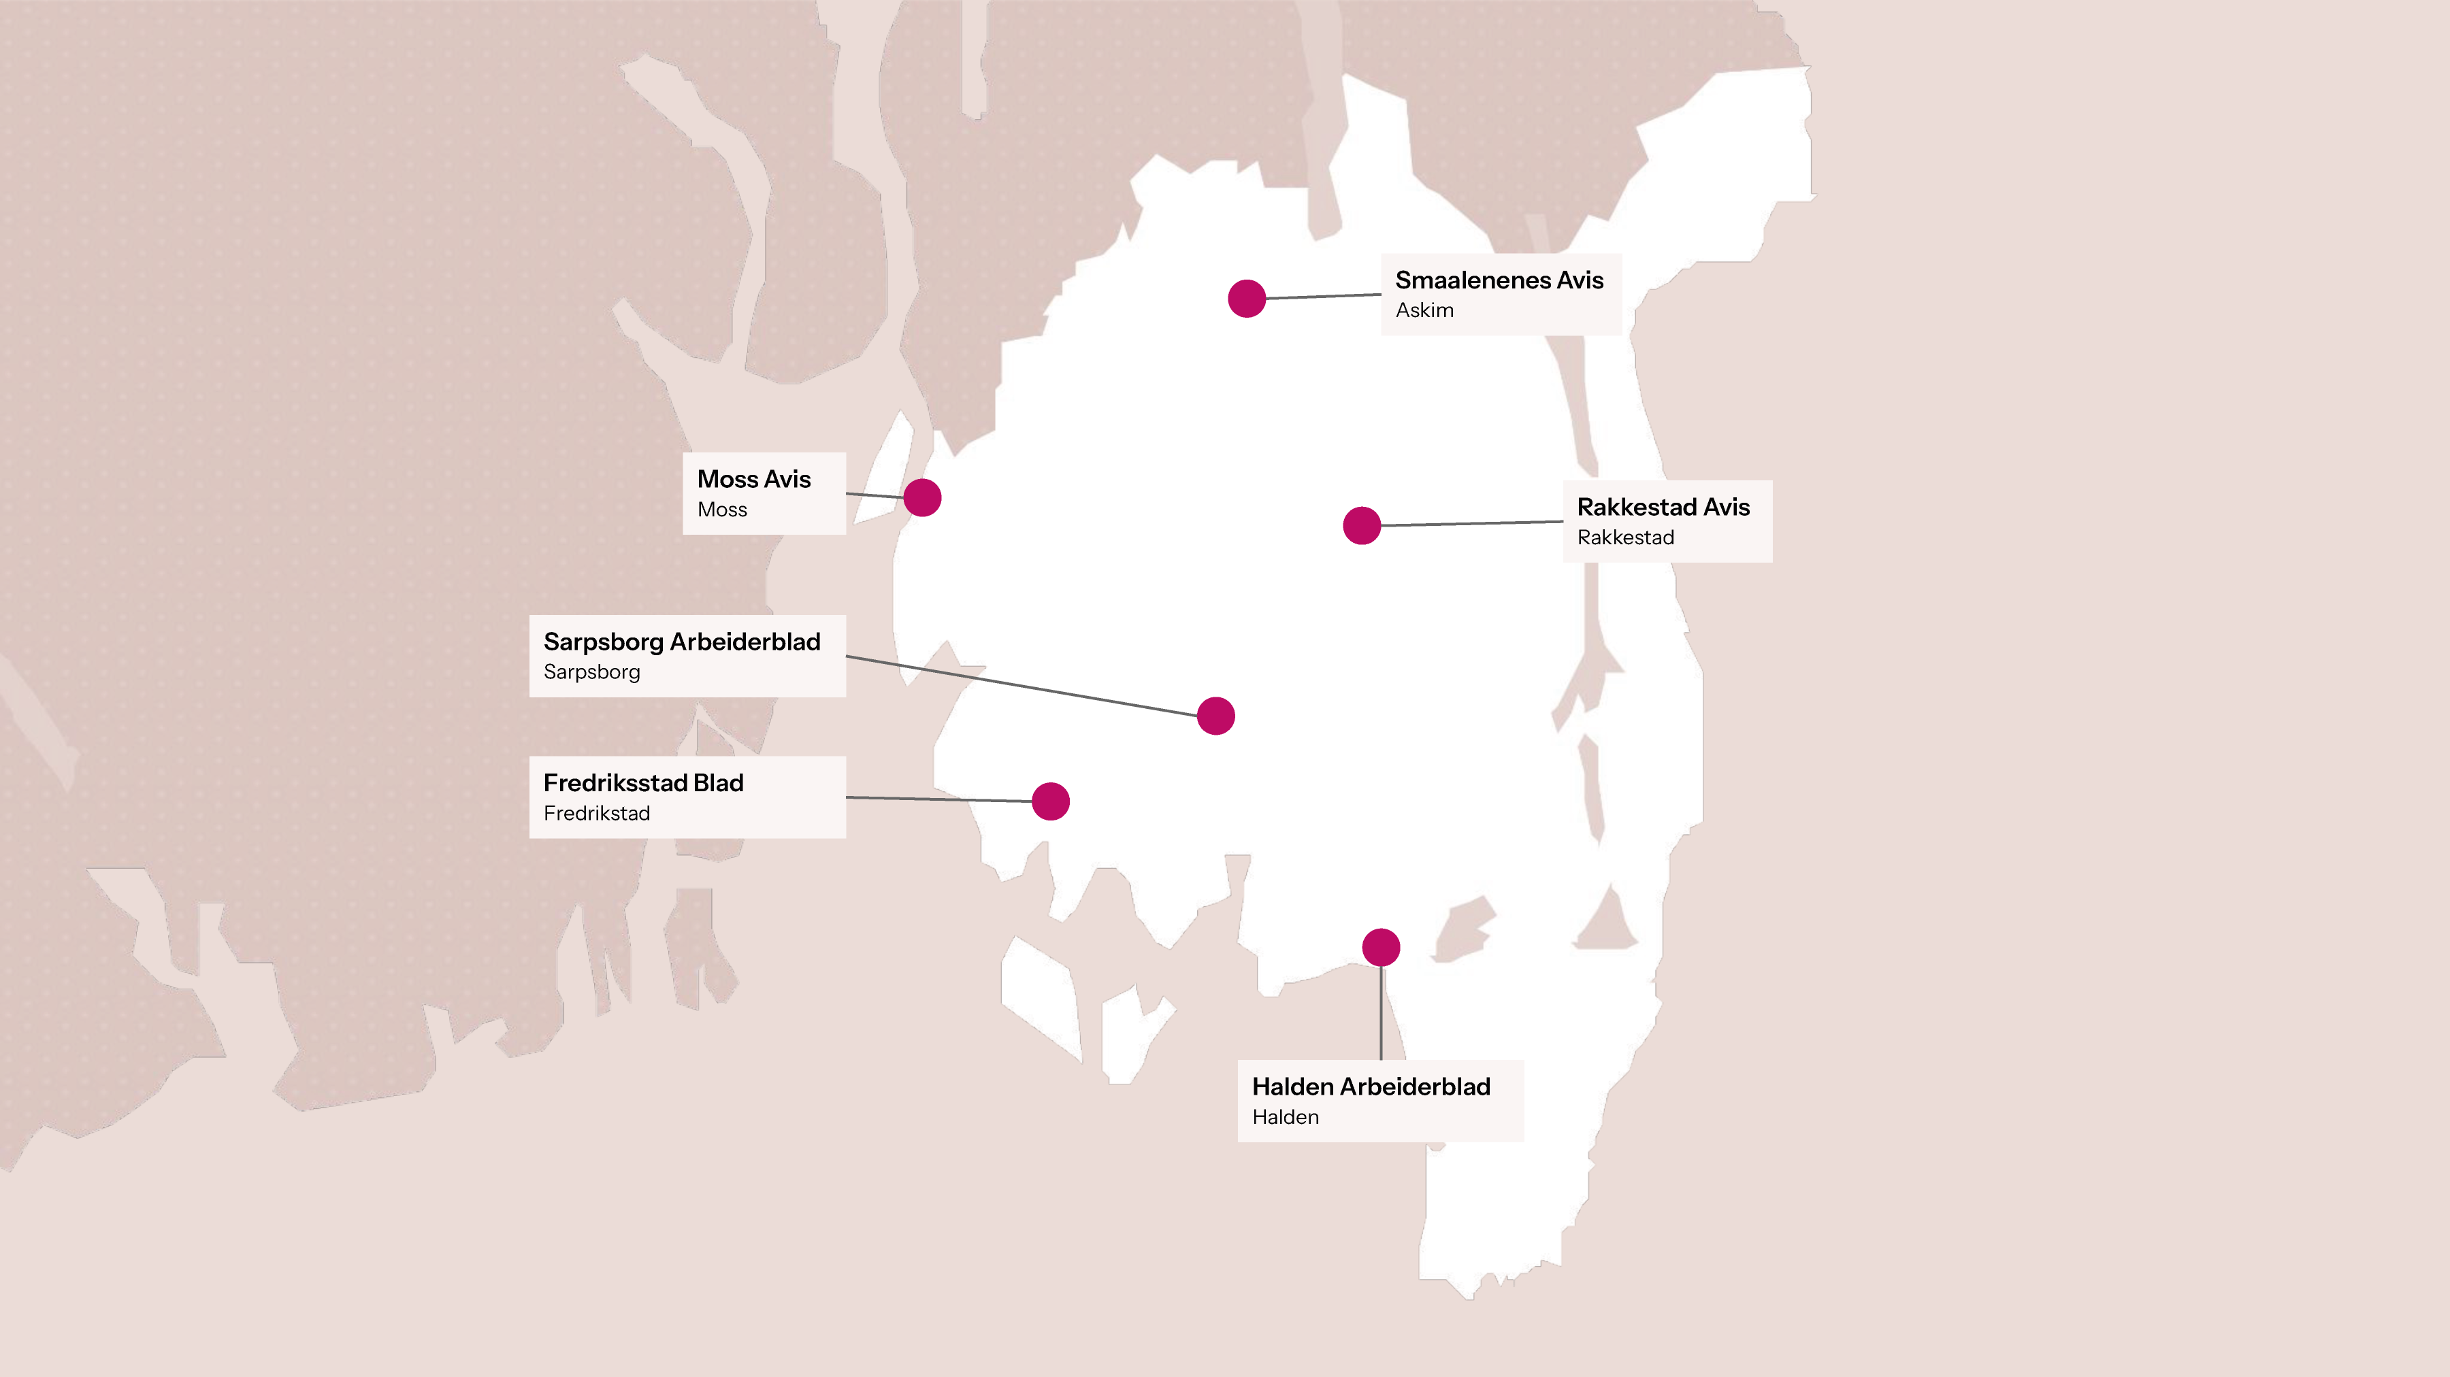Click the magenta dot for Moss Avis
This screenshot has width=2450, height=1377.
[x=921, y=497]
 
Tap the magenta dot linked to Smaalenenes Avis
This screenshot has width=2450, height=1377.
[x=1246, y=299]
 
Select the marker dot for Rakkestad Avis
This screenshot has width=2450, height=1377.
[x=1361, y=525]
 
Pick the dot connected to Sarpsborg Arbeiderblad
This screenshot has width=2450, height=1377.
[x=1215, y=716]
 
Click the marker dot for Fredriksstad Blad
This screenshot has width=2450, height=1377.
[x=1050, y=801]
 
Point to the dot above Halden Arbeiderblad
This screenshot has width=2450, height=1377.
[x=1380, y=947]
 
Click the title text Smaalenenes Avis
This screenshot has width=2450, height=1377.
[x=1499, y=280]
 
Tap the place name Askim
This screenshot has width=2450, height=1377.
[x=1424, y=311]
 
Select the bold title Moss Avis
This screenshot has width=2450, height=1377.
[x=753, y=479]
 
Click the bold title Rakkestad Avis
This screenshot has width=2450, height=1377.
[x=1663, y=507]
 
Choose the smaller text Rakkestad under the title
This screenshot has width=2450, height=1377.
[x=1624, y=537]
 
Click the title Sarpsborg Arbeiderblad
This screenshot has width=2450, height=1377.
[x=681, y=642]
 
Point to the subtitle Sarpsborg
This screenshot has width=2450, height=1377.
[x=591, y=672]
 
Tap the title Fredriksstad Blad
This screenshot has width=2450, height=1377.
[x=643, y=782]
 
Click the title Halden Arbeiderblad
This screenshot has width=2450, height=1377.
[x=1371, y=1087]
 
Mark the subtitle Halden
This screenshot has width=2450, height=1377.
[x=1285, y=1117]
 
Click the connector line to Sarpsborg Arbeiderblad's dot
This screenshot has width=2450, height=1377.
[x=1022, y=686]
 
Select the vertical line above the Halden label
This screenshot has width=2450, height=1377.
[x=1381, y=1013]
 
